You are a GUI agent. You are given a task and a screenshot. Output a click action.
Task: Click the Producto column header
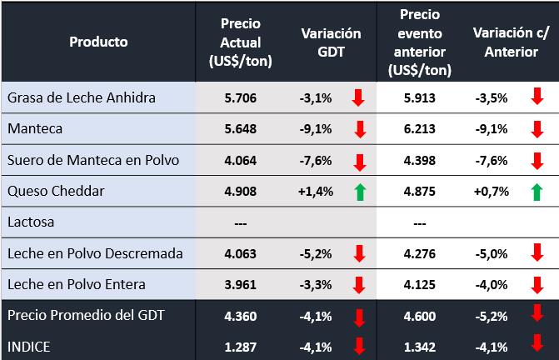click(98, 41)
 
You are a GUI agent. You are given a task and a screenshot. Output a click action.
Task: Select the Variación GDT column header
click(331, 42)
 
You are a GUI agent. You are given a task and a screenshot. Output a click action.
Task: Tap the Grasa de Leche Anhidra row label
click(82, 98)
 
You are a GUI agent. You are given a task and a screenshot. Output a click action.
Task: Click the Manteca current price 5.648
click(242, 129)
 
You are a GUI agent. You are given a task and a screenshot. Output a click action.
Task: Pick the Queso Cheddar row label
click(56, 191)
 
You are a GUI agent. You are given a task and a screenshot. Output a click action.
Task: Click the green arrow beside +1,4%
click(358, 192)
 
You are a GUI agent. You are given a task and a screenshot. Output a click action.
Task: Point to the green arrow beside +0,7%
click(537, 192)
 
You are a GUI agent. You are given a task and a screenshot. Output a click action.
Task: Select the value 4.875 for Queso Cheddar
click(419, 191)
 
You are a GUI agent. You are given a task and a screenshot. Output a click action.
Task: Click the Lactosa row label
click(31, 222)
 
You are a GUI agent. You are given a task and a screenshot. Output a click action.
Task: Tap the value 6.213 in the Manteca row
click(419, 129)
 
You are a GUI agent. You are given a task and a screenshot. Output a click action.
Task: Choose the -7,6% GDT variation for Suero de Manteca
click(316, 160)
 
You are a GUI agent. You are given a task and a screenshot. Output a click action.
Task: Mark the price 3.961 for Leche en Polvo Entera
click(242, 284)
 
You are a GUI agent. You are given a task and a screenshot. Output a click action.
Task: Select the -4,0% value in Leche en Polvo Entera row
click(491, 284)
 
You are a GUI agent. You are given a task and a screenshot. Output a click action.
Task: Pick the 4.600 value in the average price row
click(419, 315)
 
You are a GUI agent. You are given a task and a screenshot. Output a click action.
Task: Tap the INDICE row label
click(29, 344)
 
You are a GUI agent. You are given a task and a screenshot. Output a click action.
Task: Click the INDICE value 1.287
click(242, 344)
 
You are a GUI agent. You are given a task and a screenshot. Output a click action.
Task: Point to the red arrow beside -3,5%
click(537, 98)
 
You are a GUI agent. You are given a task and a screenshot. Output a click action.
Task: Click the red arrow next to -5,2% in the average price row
click(537, 315)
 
